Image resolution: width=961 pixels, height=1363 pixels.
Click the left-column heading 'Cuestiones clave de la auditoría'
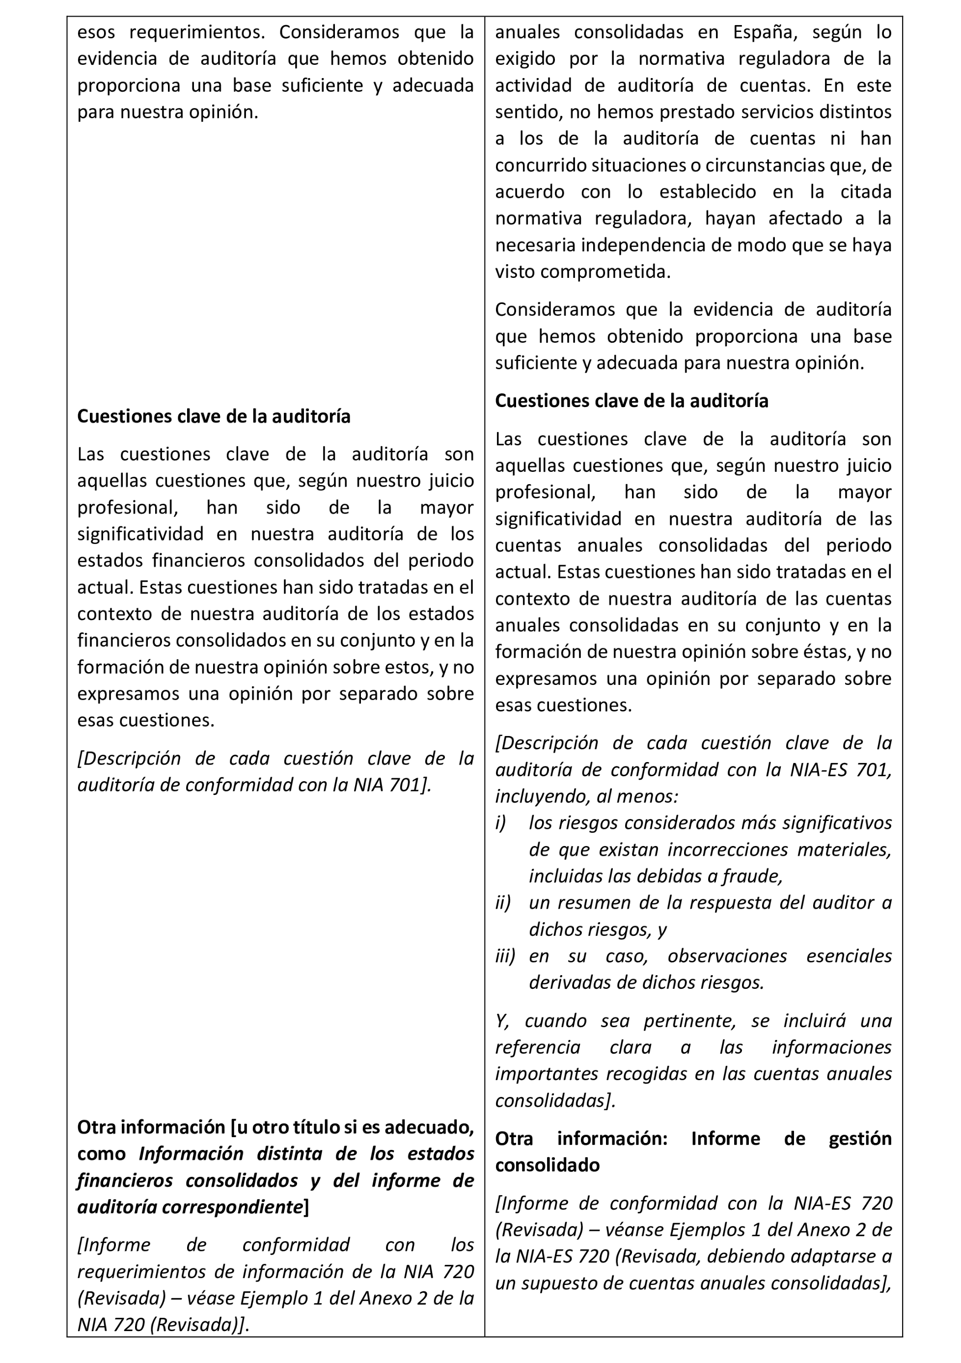(x=214, y=416)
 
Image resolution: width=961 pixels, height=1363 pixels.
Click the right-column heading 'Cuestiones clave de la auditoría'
(x=632, y=401)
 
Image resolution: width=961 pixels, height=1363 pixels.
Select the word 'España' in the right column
(x=762, y=32)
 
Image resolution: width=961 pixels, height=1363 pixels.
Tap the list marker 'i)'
(x=500, y=823)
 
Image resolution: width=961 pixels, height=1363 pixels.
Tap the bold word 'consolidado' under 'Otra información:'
(x=547, y=1165)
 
